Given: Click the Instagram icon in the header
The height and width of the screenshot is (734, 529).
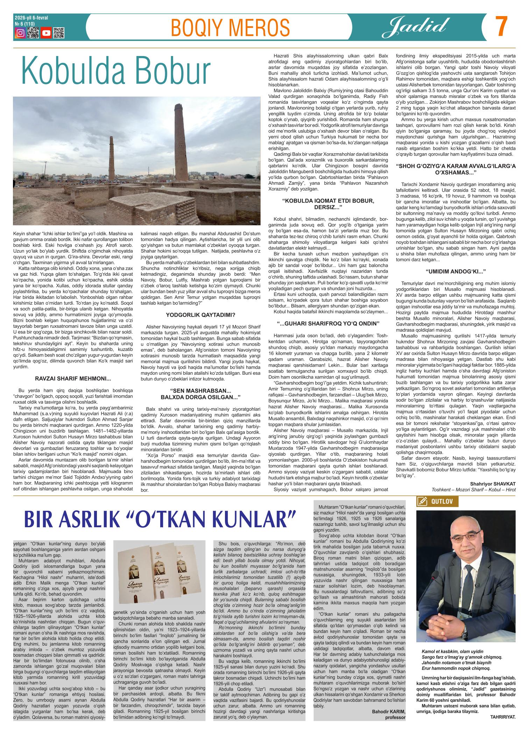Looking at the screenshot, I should [21, 33].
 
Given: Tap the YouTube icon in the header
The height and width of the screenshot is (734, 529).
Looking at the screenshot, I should [46, 33].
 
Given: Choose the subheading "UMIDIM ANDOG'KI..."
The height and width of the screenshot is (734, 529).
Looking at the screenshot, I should [456, 271].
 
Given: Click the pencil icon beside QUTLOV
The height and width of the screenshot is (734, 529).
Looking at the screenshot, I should [422, 501].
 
